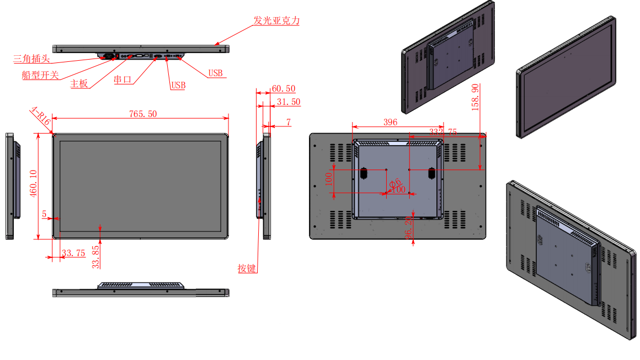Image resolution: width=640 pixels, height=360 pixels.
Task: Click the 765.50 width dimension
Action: [x=143, y=114]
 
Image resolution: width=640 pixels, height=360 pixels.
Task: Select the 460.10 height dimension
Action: [x=34, y=184]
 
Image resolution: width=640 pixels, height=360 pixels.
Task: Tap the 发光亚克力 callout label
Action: [x=276, y=21]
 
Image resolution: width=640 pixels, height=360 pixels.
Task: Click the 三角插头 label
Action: [x=32, y=57]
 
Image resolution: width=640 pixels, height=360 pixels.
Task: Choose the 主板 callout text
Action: [x=79, y=84]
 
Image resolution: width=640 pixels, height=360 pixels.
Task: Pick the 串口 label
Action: [x=122, y=80]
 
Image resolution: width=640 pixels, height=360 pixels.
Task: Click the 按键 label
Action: [x=247, y=269]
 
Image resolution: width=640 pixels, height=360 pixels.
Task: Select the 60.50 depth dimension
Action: [x=284, y=89]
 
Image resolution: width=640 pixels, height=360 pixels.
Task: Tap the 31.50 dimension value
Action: [x=289, y=102]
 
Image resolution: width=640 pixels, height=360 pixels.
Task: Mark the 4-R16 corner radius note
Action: [x=41, y=117]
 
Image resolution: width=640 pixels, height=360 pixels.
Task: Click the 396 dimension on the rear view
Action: [x=391, y=123]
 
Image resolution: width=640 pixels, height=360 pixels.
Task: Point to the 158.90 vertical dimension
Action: [x=475, y=97]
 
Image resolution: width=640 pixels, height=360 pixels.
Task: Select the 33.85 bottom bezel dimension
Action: [x=96, y=257]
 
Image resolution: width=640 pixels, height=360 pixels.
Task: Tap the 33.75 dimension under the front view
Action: [x=73, y=253]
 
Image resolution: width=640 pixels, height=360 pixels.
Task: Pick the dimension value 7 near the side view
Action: [x=288, y=121]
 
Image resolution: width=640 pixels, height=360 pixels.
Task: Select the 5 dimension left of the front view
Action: [x=44, y=213]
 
